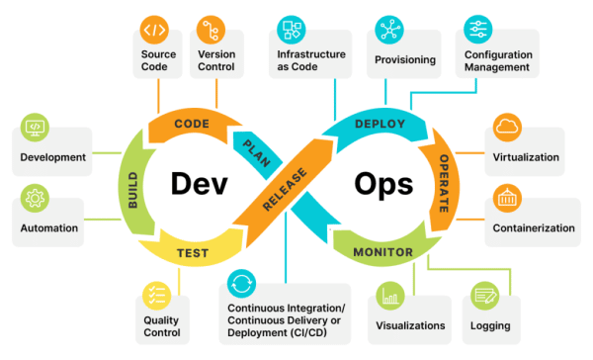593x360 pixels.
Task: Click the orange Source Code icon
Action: tap(154, 29)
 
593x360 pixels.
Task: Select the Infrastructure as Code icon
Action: tap(291, 29)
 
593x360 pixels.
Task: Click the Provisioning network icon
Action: tap(388, 29)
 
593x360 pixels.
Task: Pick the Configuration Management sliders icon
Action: tap(477, 29)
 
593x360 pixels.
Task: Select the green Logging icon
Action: tap(484, 295)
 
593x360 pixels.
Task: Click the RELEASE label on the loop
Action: tap(285, 187)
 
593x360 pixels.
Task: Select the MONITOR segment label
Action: tap(383, 252)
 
